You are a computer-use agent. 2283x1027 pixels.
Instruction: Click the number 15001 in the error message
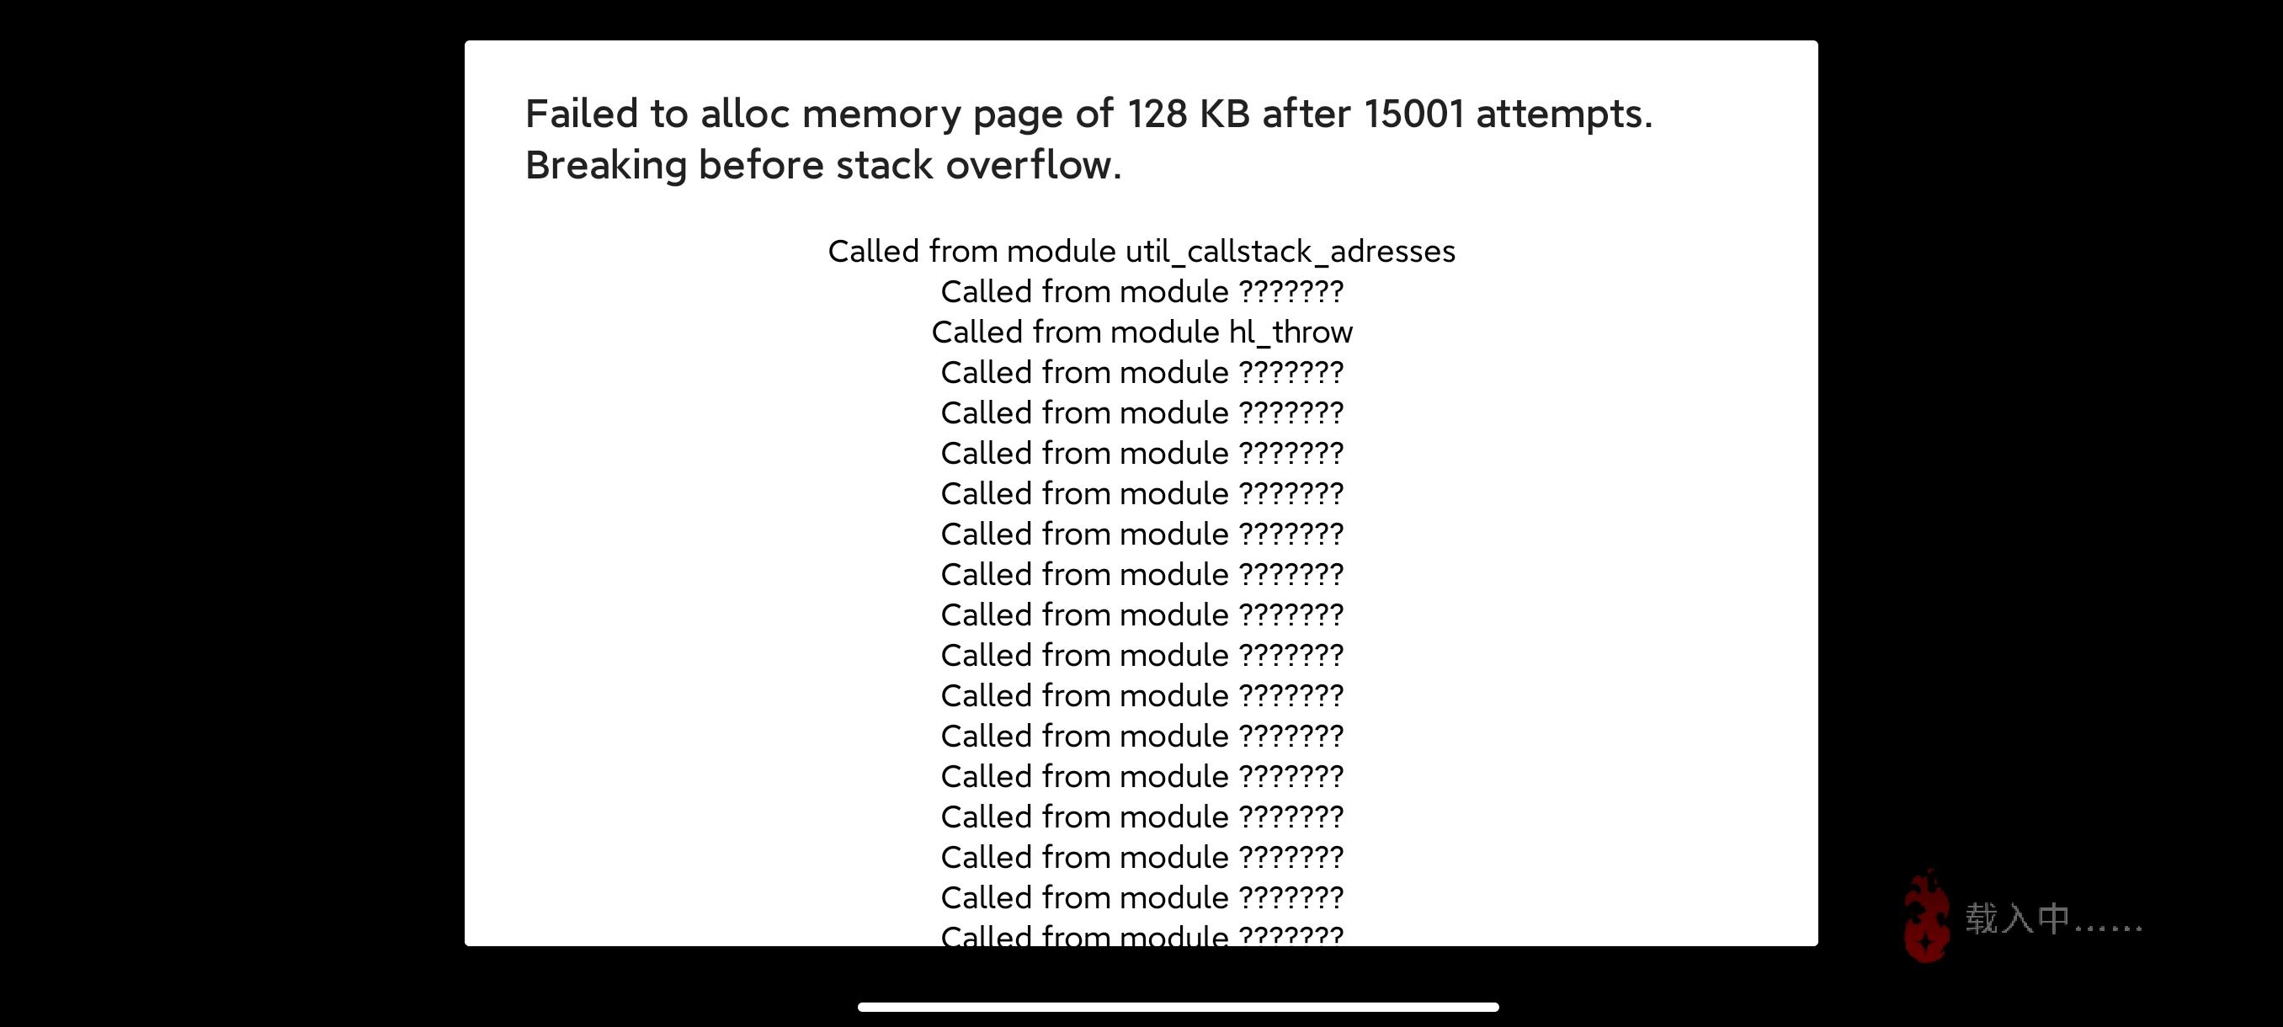(x=1413, y=114)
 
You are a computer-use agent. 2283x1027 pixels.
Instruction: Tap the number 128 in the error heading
(x=1157, y=114)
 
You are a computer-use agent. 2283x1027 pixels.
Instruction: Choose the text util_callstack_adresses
(x=1291, y=252)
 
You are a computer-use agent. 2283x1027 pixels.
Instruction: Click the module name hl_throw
(x=1291, y=333)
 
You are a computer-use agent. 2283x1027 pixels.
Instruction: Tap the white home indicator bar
(x=1178, y=1007)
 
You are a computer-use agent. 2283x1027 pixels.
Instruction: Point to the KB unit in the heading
(x=1224, y=114)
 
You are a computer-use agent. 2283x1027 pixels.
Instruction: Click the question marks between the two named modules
(x=1291, y=291)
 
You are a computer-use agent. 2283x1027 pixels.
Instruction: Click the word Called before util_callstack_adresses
(x=873, y=252)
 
